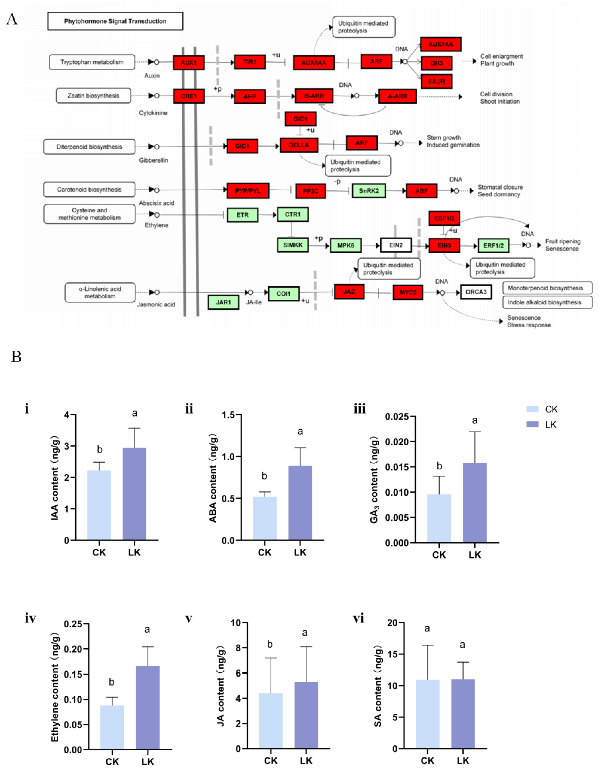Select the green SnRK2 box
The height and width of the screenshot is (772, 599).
point(369,191)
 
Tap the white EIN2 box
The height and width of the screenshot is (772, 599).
point(396,245)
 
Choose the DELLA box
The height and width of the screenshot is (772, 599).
point(299,145)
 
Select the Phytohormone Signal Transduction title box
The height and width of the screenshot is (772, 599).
point(115,21)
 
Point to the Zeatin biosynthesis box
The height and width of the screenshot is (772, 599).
point(93,96)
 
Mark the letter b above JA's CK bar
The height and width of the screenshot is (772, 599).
point(270,644)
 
